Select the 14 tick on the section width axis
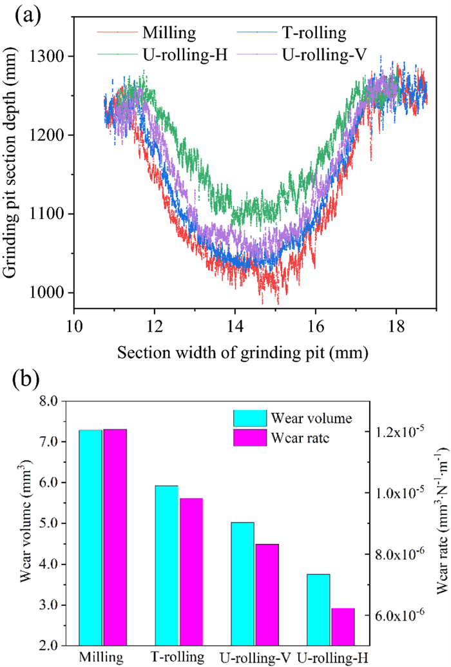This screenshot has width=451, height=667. pyautogui.click(x=235, y=327)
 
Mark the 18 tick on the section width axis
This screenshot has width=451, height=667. pyautogui.click(x=397, y=327)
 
